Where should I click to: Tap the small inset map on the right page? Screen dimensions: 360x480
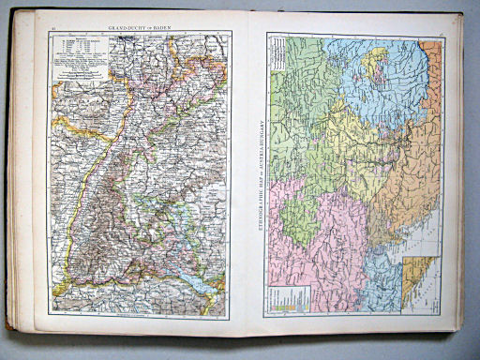(420, 281)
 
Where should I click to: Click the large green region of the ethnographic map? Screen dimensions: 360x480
(300, 94)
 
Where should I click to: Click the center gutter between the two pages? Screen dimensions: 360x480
(246, 178)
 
